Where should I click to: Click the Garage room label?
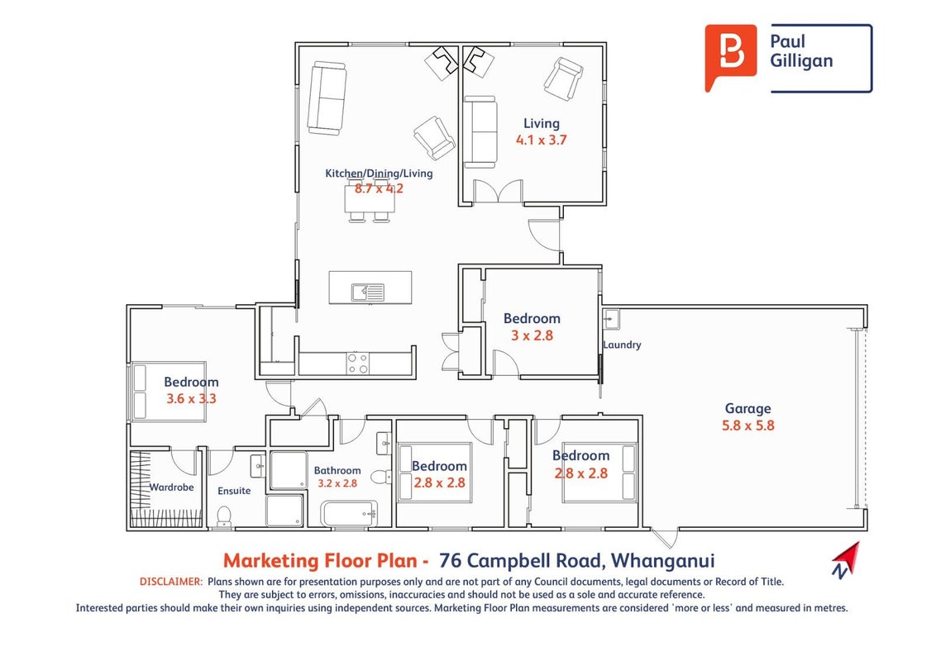(747, 409)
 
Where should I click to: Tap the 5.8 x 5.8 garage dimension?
(748, 426)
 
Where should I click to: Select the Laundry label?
(622, 345)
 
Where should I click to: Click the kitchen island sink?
(367, 292)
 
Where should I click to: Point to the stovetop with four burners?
(358, 364)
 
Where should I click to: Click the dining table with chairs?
(370, 200)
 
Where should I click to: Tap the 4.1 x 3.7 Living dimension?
(542, 140)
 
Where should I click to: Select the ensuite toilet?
(224, 516)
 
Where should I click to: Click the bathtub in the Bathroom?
(349, 514)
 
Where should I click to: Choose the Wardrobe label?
(171, 487)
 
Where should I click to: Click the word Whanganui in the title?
(663, 561)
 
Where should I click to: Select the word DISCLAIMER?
(171, 582)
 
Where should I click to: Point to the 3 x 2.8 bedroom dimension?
(532, 335)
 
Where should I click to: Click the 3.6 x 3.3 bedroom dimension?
(191, 398)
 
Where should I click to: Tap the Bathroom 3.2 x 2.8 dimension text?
(337, 483)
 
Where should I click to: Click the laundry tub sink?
(611, 319)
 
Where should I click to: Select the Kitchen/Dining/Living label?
(379, 174)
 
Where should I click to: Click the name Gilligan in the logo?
(801, 61)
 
